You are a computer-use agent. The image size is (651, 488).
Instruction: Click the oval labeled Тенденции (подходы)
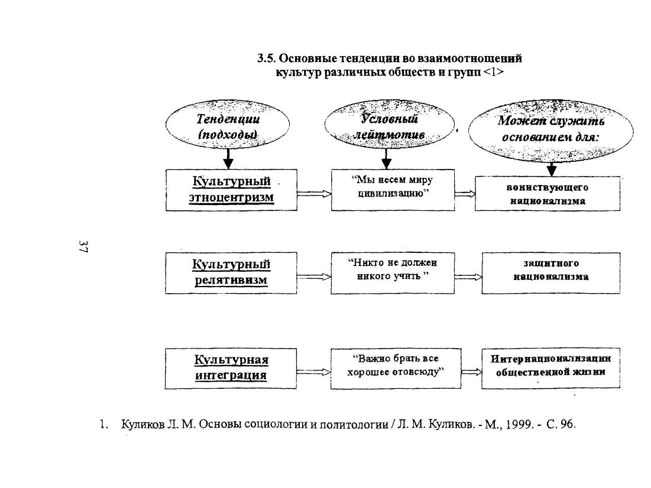click(228, 124)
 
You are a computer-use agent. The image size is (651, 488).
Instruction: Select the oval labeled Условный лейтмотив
click(389, 124)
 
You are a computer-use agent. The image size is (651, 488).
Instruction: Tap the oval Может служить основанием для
click(551, 131)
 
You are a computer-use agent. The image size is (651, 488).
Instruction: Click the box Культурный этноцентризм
click(231, 190)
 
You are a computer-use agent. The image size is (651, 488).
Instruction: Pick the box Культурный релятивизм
click(231, 272)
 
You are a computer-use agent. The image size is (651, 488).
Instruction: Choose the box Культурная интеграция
click(231, 369)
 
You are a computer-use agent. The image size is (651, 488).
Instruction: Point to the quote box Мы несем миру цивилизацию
click(393, 190)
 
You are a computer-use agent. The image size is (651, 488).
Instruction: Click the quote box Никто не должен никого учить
click(393, 272)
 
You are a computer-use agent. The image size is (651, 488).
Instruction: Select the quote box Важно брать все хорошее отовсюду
click(396, 368)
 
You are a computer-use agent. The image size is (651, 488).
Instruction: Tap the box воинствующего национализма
click(548, 193)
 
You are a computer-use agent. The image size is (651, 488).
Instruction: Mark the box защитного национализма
click(551, 272)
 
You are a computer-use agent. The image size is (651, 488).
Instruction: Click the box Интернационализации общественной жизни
click(551, 368)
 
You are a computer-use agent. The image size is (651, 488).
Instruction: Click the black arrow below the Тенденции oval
click(228, 158)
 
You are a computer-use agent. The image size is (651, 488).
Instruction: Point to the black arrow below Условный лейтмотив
click(387, 158)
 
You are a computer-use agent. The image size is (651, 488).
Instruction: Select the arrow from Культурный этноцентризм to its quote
click(315, 193)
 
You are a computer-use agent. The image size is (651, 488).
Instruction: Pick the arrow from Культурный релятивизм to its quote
click(314, 276)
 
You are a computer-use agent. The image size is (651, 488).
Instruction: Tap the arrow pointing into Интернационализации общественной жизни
click(472, 372)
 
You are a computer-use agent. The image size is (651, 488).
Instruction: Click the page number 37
click(83, 246)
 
